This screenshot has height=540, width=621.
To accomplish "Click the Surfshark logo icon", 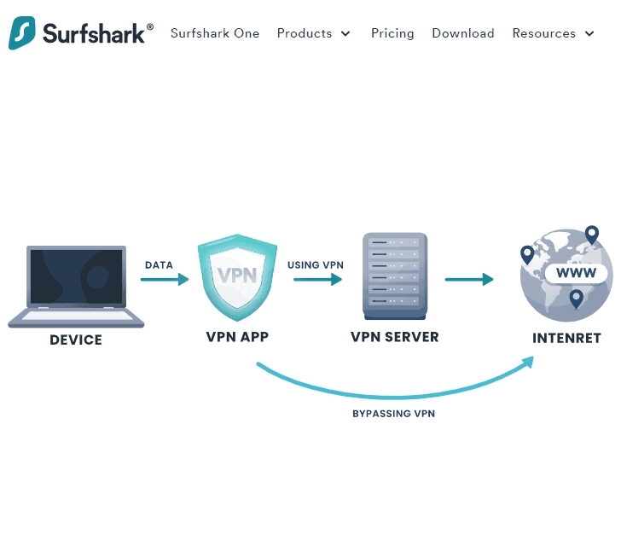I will pos(23,33).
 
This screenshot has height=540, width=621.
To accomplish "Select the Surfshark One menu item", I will pos(214,33).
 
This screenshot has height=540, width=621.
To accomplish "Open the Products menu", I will pos(313,33).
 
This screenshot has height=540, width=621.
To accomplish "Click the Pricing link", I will pos(392,33).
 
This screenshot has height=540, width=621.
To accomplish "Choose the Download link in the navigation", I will pos(462,33).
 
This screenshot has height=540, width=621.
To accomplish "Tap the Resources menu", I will pos(553,33).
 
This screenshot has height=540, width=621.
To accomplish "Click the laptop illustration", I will pos(76,286).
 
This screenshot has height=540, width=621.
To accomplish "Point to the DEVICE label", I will pos(76,340).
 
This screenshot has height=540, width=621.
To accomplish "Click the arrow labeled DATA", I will pos(164,279).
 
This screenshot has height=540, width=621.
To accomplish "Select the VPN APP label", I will pos(237,336).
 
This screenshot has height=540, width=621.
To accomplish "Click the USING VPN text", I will pos(315,264).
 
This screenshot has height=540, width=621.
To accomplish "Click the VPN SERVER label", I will pos(394,336).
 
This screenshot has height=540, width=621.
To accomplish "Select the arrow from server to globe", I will pos(469,279).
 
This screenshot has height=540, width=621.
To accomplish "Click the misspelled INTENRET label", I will pos(566,338).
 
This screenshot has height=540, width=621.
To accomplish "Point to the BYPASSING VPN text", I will pos(394,414).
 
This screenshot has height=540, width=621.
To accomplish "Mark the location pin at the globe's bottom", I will pos(577,299).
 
